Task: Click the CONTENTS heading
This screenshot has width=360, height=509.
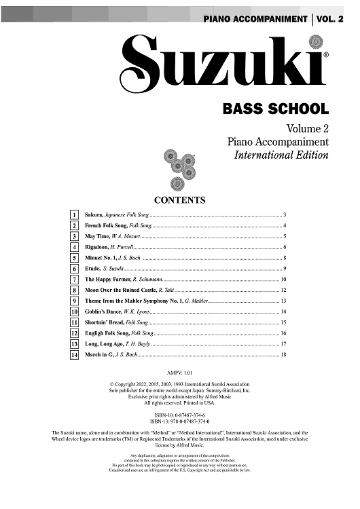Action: click(x=180, y=200)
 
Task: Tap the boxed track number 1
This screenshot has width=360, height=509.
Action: click(x=73, y=214)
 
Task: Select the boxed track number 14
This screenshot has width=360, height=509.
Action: click(x=73, y=355)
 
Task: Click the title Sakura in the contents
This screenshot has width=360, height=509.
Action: click(x=94, y=214)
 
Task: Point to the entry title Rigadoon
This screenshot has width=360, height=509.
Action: click(x=99, y=247)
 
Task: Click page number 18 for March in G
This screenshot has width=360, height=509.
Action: click(x=283, y=355)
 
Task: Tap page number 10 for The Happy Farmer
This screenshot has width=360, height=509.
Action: click(x=283, y=280)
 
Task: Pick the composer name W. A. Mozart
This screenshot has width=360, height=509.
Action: click(x=126, y=236)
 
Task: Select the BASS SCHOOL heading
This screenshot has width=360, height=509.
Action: click(x=275, y=109)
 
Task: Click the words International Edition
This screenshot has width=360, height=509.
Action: click(x=281, y=155)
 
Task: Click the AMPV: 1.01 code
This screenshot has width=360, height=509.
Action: click(x=180, y=373)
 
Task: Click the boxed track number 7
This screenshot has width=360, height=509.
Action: click(x=73, y=280)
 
